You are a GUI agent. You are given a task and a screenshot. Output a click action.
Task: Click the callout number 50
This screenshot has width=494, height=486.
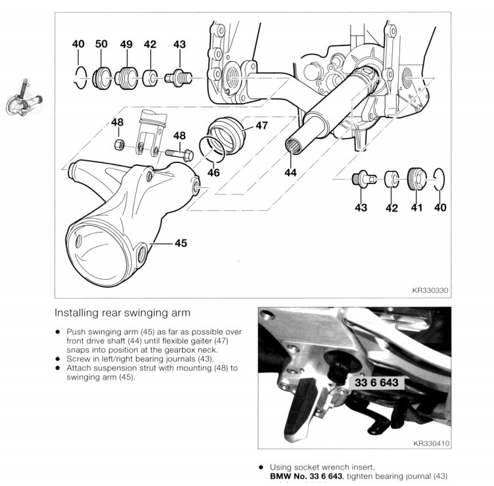(x=101, y=44)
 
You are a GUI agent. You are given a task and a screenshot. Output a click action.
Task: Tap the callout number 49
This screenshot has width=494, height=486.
(x=126, y=44)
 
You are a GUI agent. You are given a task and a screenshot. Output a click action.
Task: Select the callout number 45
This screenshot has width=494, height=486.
(x=181, y=243)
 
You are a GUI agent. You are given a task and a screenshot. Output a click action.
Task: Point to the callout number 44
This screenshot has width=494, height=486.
(x=290, y=173)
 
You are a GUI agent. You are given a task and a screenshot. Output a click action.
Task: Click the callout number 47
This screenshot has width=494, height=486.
(x=261, y=125)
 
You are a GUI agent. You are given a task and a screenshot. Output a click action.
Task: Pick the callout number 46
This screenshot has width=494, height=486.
(x=213, y=173)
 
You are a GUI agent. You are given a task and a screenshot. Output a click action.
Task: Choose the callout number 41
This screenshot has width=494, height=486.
(x=416, y=208)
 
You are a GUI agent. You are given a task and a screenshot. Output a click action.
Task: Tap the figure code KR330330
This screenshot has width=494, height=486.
(x=430, y=288)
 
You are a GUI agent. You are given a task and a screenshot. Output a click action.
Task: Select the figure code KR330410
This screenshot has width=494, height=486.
(x=431, y=444)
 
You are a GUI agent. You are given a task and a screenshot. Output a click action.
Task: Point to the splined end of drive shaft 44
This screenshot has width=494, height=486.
(x=293, y=146)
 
